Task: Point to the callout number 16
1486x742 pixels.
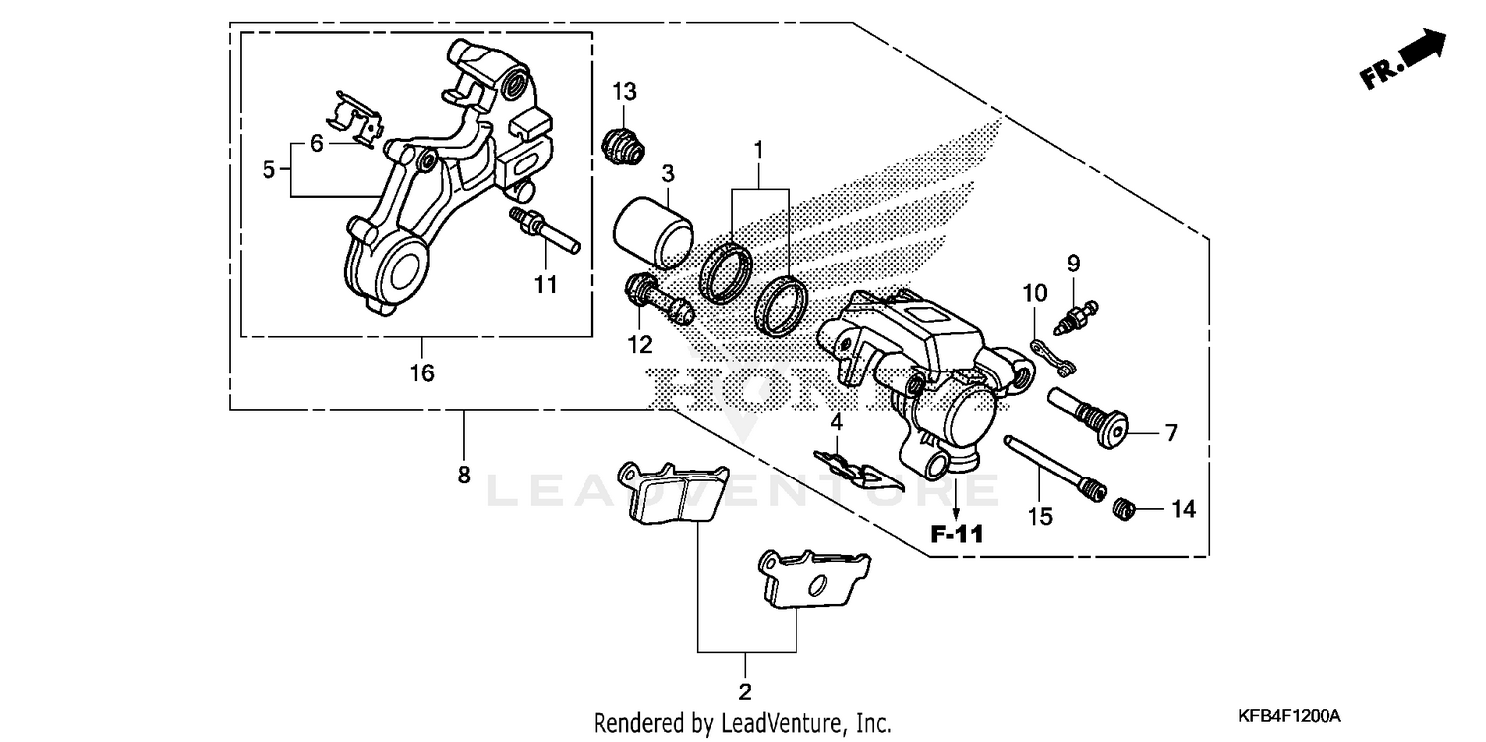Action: coord(422,373)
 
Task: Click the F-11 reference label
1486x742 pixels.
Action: coord(957,536)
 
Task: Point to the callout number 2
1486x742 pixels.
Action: coord(745,689)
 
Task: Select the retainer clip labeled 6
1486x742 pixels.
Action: coord(357,118)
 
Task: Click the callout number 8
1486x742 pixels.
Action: coord(463,475)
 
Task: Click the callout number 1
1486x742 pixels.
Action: coord(758,152)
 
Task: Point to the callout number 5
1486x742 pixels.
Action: coord(268,169)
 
